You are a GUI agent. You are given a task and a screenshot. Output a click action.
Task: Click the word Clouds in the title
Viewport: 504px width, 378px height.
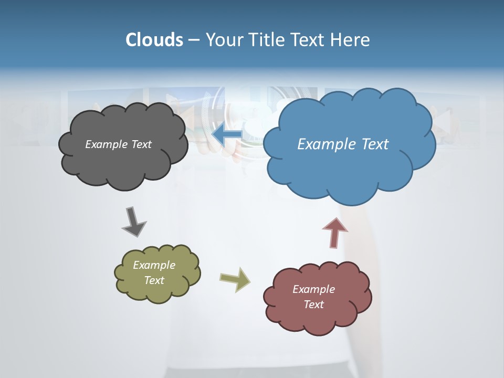pyautogui.click(x=154, y=40)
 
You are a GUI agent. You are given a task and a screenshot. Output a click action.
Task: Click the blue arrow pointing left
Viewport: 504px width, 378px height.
pyautogui.click(x=227, y=135)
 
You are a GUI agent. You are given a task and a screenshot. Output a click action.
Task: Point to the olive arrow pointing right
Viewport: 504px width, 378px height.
pyautogui.click(x=235, y=279)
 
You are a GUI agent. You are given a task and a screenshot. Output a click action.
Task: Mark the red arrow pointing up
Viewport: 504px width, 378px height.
pyautogui.click(x=334, y=233)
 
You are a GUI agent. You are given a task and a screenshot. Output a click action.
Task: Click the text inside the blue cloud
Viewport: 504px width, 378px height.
pyautogui.click(x=343, y=144)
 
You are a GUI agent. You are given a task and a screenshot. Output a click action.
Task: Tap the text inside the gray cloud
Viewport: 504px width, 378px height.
pyautogui.click(x=118, y=144)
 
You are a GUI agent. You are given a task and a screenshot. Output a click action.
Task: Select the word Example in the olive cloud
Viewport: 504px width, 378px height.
pyautogui.click(x=154, y=265)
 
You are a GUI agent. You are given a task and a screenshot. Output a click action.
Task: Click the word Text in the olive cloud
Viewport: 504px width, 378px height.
pyautogui.click(x=154, y=280)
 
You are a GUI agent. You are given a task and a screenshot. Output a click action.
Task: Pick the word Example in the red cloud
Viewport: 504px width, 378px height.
pyautogui.click(x=313, y=289)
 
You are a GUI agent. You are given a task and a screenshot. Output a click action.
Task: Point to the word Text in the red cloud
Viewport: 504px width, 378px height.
pyautogui.click(x=313, y=304)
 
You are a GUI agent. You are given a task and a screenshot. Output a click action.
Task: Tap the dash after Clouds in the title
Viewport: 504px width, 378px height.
pyautogui.click(x=193, y=40)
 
